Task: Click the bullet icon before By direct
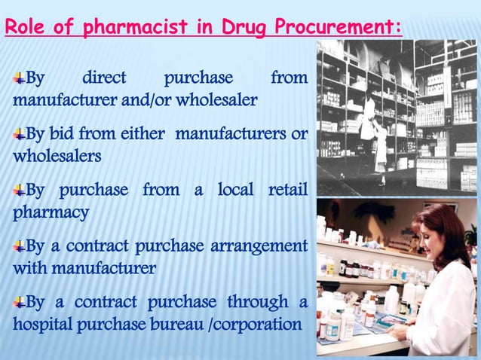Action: click(19, 78)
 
